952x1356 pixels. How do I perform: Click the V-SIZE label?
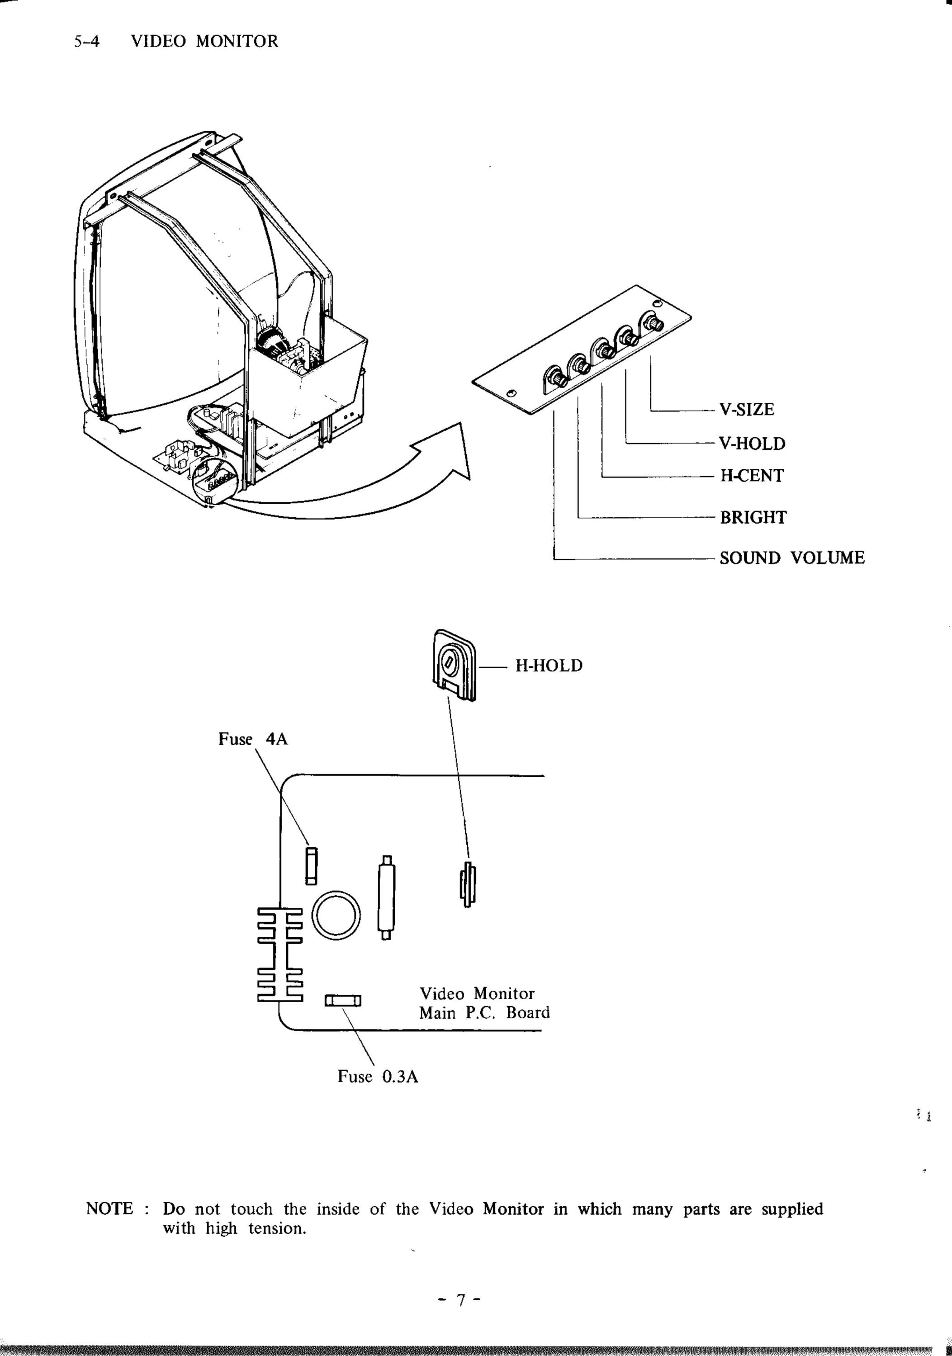747,409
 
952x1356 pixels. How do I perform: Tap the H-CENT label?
751,475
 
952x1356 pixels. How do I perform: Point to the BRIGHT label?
753,517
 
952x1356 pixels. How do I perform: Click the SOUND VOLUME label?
792,558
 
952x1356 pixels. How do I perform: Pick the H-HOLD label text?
549,666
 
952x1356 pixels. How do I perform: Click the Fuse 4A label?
253,739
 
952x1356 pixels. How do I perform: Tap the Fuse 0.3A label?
378,1076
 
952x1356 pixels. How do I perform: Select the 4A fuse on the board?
311,866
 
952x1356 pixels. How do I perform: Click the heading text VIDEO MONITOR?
204,41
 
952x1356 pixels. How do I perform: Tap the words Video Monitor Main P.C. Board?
484,1002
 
